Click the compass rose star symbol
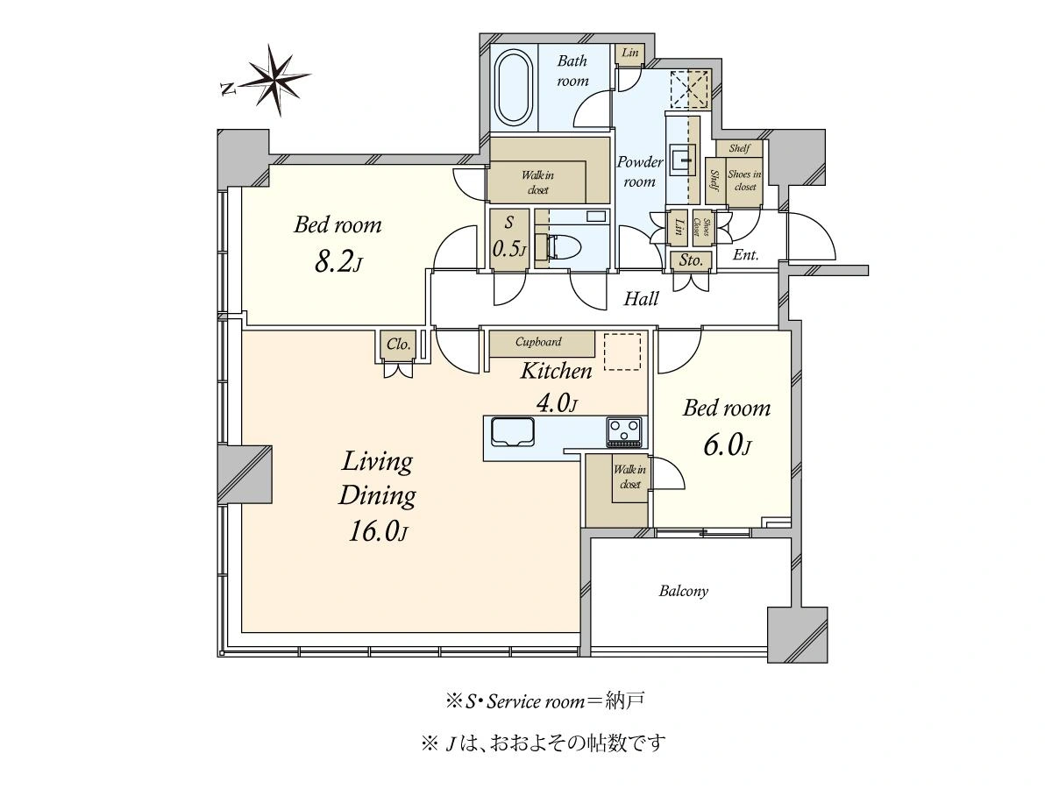click(275, 80)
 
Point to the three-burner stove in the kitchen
click(624, 432)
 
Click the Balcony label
click(683, 591)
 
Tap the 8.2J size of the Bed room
click(338, 263)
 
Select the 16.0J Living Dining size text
click(378, 532)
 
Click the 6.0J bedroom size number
click(727, 445)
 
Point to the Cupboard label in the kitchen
click(538, 342)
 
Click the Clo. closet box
click(398, 344)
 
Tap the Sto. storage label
click(691, 260)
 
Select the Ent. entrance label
click(745, 255)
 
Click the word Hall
click(641, 299)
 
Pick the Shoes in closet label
click(744, 181)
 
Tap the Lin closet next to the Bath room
click(629, 53)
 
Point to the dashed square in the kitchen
click(622, 352)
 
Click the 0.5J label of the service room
click(509, 249)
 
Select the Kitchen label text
click(556, 371)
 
